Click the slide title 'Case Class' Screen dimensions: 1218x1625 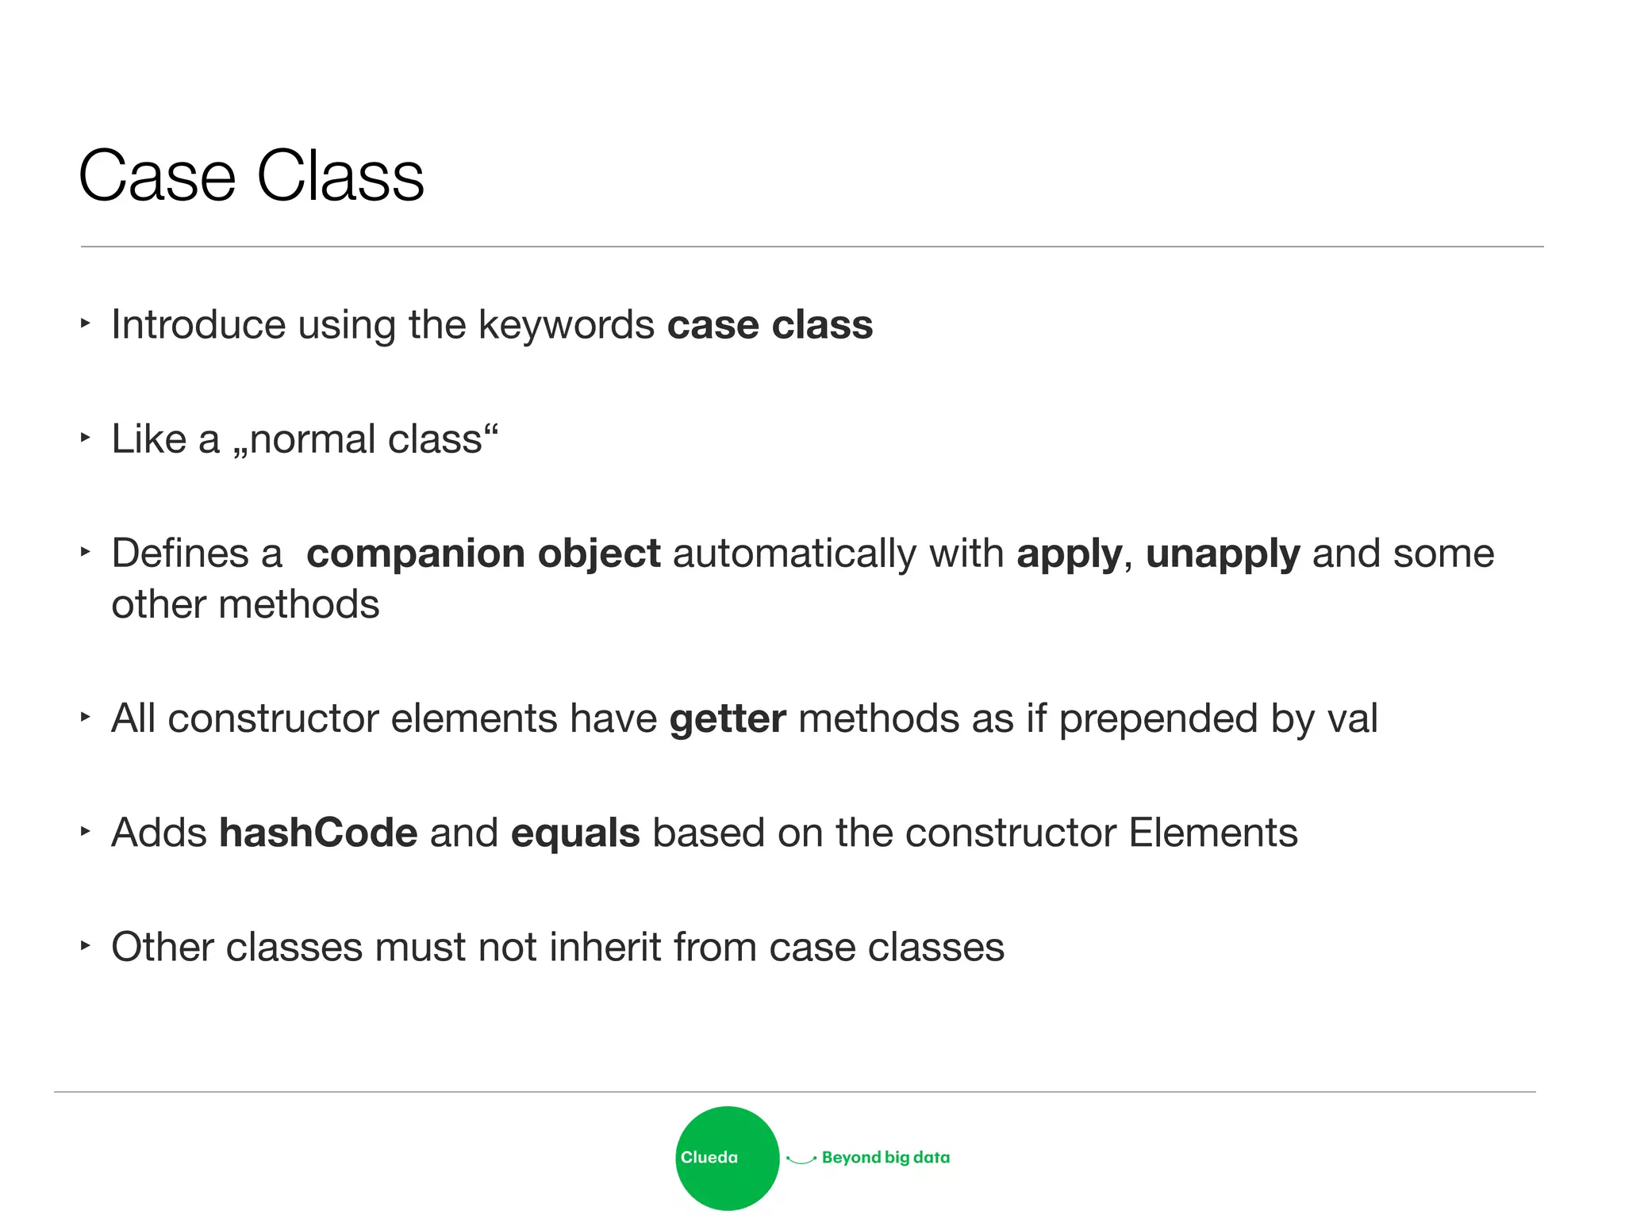pos(251,176)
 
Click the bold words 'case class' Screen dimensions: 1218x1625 pos(770,325)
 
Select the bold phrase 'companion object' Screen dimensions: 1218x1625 pos(483,553)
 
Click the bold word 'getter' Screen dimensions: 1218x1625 pos(728,720)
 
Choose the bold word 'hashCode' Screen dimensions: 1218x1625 pos(318,833)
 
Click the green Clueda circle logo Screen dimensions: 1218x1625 pos(727,1158)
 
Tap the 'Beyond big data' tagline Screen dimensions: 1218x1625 pos(885,1158)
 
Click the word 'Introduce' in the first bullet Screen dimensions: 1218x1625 pos(198,325)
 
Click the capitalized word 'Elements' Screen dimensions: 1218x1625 pos(1212,833)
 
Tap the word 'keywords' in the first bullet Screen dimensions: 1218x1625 pos(566,325)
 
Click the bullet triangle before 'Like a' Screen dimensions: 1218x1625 pos(86,437)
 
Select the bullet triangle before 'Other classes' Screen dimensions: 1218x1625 pos(86,945)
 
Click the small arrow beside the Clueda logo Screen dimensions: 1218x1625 pos(801,1159)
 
